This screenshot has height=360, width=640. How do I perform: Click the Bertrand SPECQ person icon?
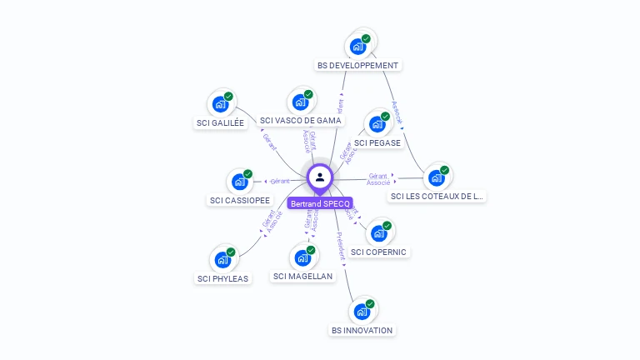pos(320,177)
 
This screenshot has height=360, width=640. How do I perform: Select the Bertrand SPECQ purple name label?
pos(320,203)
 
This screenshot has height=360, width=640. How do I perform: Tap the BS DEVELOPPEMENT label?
pos(358,65)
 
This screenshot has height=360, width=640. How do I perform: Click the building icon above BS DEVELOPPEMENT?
pos(359,46)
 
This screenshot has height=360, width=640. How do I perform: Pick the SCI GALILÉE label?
pos(220,122)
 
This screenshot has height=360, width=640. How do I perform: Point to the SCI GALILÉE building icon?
pos(221,104)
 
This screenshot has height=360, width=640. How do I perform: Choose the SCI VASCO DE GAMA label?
pos(301,120)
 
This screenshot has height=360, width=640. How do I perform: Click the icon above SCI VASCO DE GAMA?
pos(301,102)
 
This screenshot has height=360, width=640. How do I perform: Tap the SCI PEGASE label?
pos(377,142)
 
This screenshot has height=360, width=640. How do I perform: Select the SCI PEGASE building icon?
pos(377,124)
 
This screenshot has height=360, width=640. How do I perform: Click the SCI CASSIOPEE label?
pos(240,200)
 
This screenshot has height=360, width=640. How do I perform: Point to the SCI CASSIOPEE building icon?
pos(240,182)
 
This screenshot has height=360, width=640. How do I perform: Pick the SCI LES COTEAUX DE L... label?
pos(437,197)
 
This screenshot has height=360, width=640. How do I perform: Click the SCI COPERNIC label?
pos(380,252)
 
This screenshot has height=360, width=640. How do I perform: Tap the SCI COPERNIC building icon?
pos(379,233)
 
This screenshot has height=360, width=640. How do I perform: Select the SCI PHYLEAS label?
pos(222,278)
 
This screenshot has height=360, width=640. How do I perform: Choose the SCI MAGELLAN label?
pos(302,276)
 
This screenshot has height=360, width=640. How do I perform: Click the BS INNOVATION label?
pos(362,330)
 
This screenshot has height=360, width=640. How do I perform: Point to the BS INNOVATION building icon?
pos(362,312)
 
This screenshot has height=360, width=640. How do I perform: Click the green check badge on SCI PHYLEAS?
pos(231,252)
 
